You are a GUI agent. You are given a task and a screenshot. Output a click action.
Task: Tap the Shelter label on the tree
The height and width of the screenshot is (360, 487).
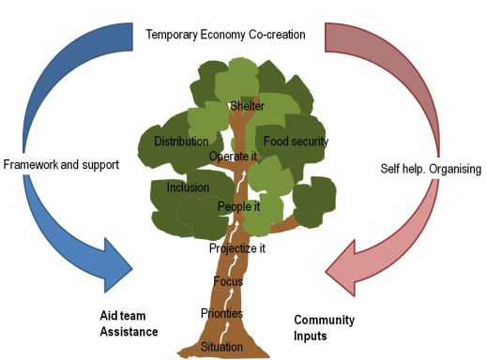[247, 106]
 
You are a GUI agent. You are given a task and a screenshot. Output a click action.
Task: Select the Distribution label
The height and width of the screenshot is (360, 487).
[180, 142]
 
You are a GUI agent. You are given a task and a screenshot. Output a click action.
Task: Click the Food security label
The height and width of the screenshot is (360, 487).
[296, 142]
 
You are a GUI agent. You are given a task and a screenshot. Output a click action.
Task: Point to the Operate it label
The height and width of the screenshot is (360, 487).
[233, 156]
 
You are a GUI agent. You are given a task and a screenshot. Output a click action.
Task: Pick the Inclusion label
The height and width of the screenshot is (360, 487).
[188, 187]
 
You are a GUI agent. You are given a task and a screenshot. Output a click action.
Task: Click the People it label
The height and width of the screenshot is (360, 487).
[239, 206]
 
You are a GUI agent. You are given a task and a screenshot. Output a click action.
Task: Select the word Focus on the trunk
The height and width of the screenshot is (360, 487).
[228, 281]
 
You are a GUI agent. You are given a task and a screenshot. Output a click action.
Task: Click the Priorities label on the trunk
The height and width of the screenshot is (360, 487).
[221, 313]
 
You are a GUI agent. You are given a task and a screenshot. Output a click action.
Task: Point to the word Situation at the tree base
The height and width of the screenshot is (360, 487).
[221, 347]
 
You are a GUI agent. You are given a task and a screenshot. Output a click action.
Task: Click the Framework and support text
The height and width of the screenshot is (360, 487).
[62, 165]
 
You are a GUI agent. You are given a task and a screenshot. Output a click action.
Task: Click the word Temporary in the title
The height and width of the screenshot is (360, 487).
[173, 36]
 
